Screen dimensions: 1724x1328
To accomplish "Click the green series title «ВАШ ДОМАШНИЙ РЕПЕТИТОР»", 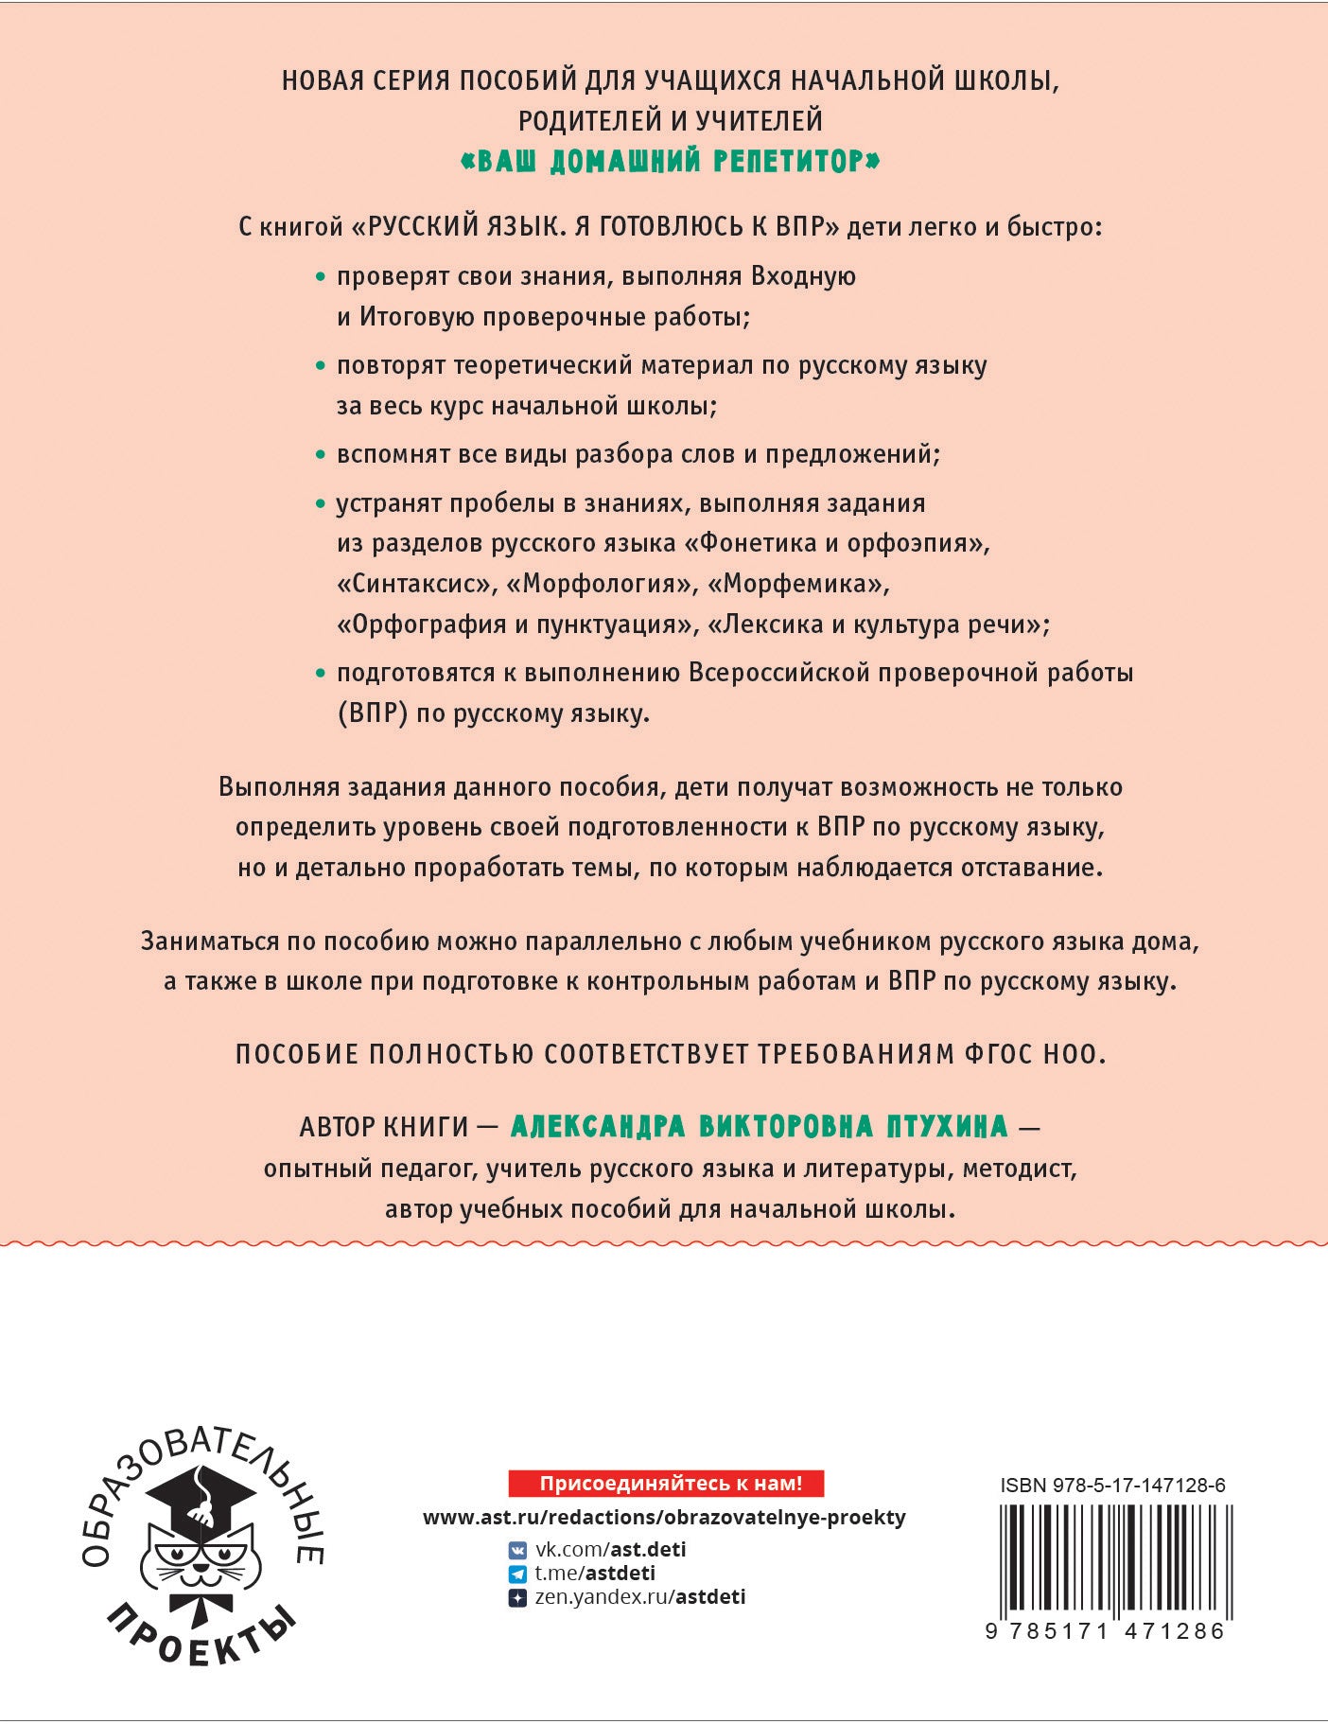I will (x=670, y=162).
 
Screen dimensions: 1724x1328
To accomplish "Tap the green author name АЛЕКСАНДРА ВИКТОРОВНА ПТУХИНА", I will (x=760, y=1126).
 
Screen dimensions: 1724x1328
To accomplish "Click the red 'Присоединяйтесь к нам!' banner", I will (x=666, y=1483).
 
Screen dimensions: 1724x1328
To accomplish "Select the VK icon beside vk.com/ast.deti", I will (x=517, y=1550).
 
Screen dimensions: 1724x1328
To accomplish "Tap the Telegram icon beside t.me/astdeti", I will (x=517, y=1574).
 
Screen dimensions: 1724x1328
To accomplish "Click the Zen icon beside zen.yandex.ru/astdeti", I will (x=517, y=1598).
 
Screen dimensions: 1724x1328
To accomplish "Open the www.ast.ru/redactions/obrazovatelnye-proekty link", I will (x=664, y=1518).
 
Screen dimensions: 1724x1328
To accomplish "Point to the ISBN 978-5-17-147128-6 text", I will (x=1112, y=1486).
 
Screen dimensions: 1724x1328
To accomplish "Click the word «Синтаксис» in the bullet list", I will (x=416, y=584).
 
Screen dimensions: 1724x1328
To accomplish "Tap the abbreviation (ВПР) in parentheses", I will (x=373, y=713).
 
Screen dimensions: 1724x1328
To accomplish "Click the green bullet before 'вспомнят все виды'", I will (x=320, y=455).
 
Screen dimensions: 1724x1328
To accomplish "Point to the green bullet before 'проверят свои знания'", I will (x=320, y=277).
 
